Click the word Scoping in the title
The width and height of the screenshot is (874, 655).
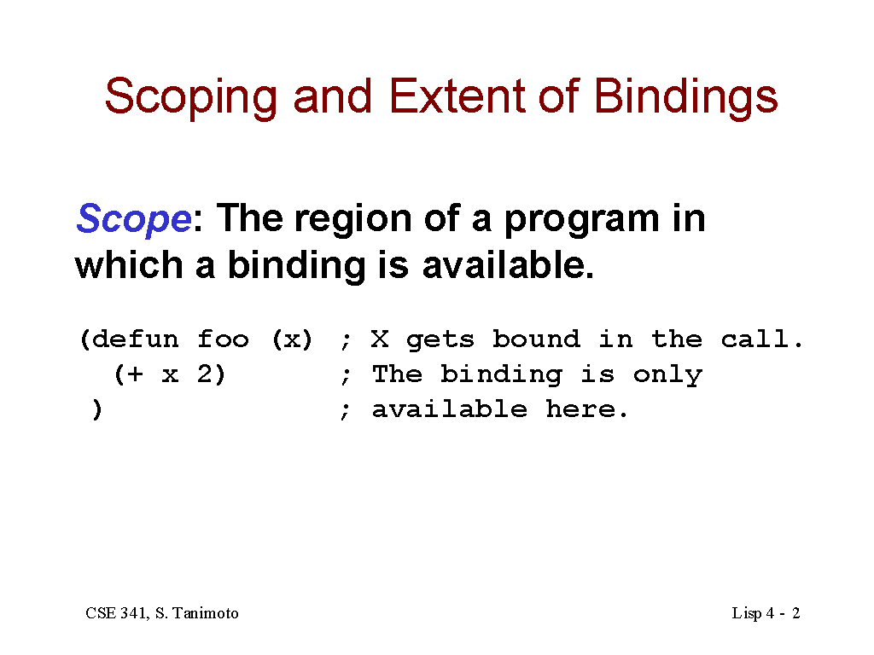tap(190, 98)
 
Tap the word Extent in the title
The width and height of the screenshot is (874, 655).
tap(457, 96)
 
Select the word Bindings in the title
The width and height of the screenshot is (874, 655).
tap(685, 98)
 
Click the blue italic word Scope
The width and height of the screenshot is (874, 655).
tap(134, 219)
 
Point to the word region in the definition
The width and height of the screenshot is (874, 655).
tap(353, 219)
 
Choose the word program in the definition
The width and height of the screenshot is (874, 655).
tap(581, 221)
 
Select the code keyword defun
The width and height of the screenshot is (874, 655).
tap(135, 339)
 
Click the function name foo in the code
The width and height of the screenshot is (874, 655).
tap(223, 339)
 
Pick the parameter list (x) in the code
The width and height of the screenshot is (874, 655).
tap(292, 339)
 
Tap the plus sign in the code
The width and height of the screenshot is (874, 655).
tap(134, 374)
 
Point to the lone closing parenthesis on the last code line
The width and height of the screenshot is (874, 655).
tap(97, 409)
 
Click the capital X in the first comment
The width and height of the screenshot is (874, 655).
tap(380, 339)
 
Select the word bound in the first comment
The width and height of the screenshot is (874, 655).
tap(536, 339)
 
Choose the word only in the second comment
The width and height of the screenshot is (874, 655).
tap(667, 375)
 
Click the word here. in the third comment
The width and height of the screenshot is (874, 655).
tap(586, 409)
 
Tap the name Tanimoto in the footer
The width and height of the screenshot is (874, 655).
tap(205, 613)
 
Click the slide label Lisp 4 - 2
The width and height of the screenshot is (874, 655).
tap(766, 614)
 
